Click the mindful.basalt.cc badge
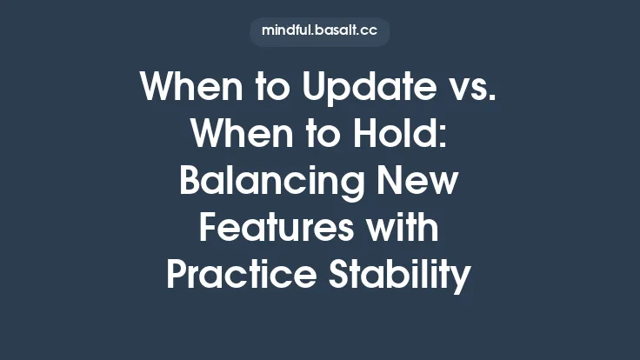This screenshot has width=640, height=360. click(x=319, y=32)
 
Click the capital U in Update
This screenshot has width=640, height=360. click(x=297, y=88)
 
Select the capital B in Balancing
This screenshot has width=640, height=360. click(x=191, y=182)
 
